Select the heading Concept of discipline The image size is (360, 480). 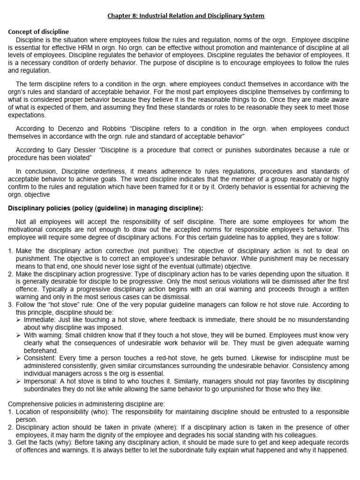point(38,32)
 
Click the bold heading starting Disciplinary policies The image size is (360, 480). point(105,208)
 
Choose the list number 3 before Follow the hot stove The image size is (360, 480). point(10,305)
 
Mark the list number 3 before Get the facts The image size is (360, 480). point(10,442)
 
